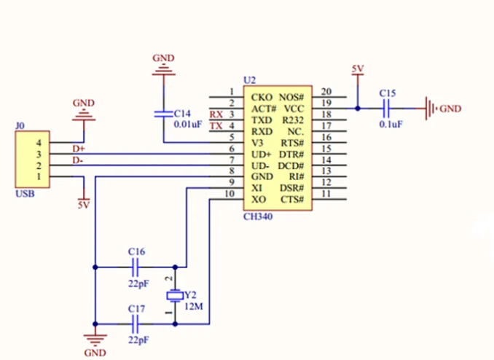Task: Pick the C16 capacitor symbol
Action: click(x=137, y=266)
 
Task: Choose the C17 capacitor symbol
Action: click(x=137, y=324)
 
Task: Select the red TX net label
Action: click(x=216, y=126)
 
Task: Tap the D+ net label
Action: click(x=78, y=149)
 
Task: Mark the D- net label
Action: click(x=77, y=160)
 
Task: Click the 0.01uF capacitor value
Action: click(x=187, y=125)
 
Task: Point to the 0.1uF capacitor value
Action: click(x=391, y=124)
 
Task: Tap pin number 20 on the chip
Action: click(x=326, y=92)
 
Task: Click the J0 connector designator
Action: click(x=20, y=126)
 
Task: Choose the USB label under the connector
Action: click(x=24, y=195)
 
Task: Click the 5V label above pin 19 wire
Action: click(x=357, y=69)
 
